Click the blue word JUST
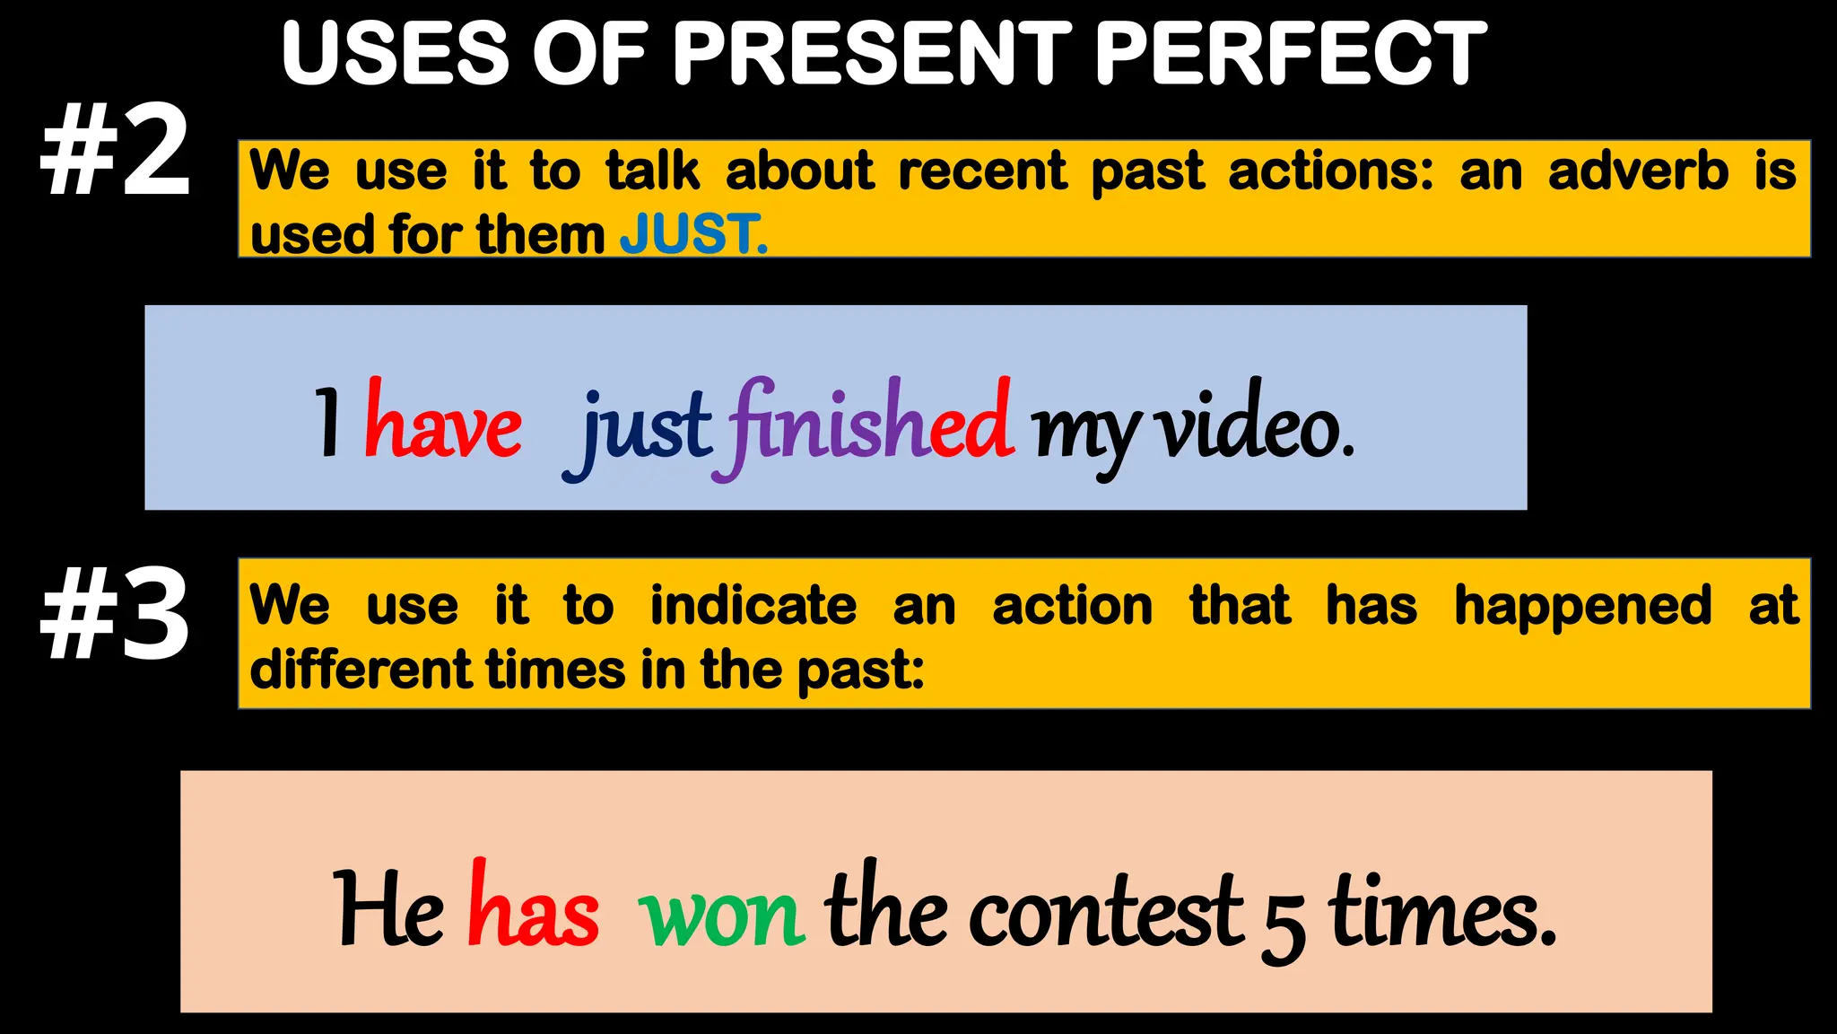click(692, 234)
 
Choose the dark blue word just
click(639, 429)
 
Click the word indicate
click(753, 606)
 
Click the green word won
click(722, 916)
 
